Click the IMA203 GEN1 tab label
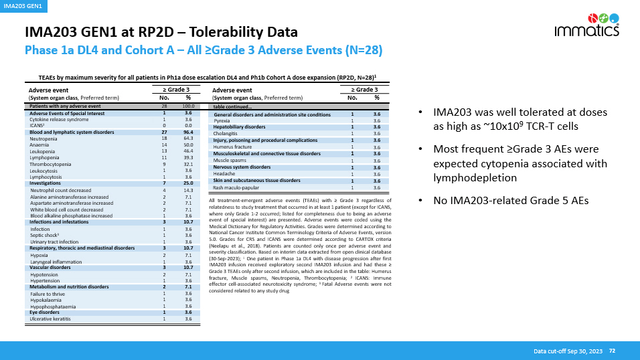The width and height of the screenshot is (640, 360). [x=23, y=6]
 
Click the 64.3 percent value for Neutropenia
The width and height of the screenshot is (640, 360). [x=188, y=139]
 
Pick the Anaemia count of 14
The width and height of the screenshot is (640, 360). [x=164, y=145]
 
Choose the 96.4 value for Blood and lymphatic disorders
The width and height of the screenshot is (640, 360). [x=188, y=132]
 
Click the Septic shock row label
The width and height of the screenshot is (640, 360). [x=44, y=236]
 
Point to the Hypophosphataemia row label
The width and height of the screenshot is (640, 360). [x=54, y=306]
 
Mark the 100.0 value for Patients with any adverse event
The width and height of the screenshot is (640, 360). [x=188, y=106]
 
